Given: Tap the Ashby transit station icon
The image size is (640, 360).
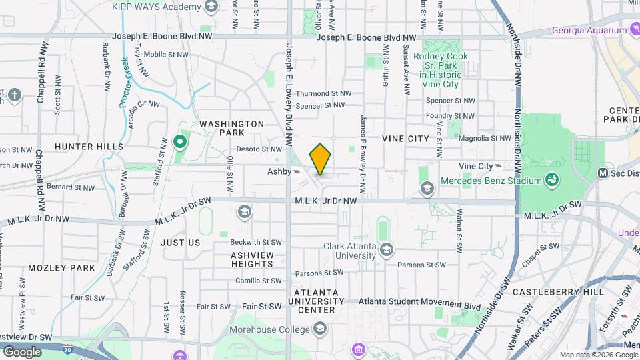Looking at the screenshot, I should [x=297, y=171].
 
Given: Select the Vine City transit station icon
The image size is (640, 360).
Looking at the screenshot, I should [x=499, y=166].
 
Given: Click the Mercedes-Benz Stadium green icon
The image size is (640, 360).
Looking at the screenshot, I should [x=551, y=180].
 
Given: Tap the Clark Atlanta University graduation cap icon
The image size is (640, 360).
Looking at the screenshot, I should [x=387, y=250].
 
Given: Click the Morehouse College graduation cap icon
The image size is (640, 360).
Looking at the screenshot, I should [x=321, y=329].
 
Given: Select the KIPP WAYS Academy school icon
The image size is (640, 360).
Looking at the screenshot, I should [x=211, y=7].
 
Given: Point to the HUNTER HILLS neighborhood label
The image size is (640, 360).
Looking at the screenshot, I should [x=89, y=146].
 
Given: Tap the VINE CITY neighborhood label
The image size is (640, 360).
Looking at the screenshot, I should [x=405, y=138].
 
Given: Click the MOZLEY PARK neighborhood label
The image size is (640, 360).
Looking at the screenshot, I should [x=61, y=268].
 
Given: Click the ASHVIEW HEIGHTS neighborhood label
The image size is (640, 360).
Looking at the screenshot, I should [x=252, y=259].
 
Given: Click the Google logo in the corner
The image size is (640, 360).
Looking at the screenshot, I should [x=22, y=351].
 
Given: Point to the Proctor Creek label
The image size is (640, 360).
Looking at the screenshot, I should [x=127, y=85].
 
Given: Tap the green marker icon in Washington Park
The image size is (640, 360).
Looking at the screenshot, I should [x=179, y=141].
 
